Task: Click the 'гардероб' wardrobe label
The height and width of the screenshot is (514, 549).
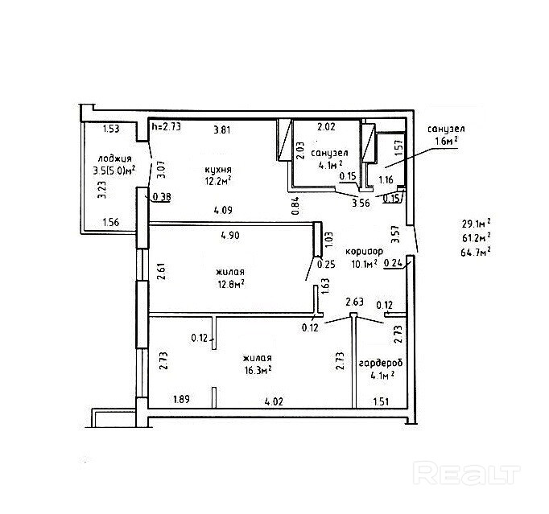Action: (x=380, y=363)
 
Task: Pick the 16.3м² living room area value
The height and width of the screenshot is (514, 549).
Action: (x=258, y=370)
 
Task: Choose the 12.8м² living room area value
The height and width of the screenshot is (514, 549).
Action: (x=230, y=283)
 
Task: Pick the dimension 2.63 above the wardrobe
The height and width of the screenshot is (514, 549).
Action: (x=355, y=302)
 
